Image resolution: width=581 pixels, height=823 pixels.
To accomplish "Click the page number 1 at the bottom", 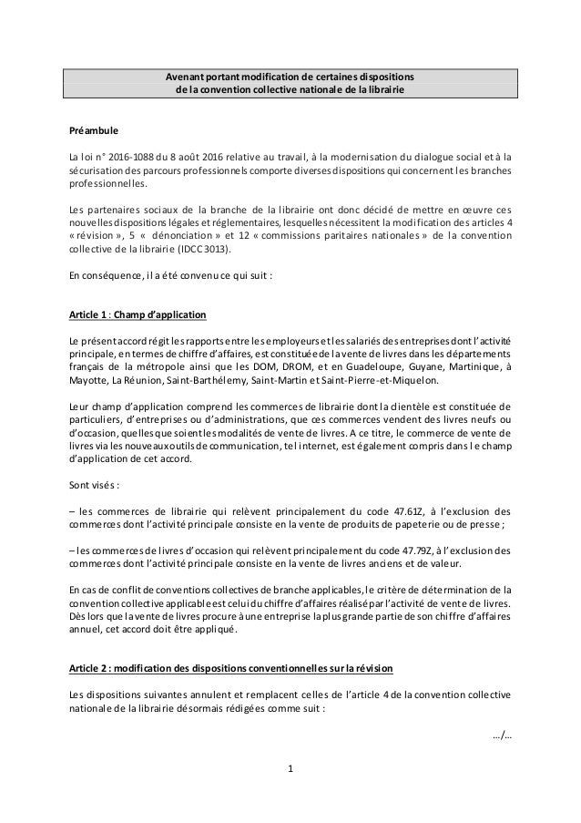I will (290, 769).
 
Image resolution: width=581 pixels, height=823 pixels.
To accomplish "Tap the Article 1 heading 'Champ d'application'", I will (159, 315).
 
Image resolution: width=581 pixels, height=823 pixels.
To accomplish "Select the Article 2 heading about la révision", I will (231, 670).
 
